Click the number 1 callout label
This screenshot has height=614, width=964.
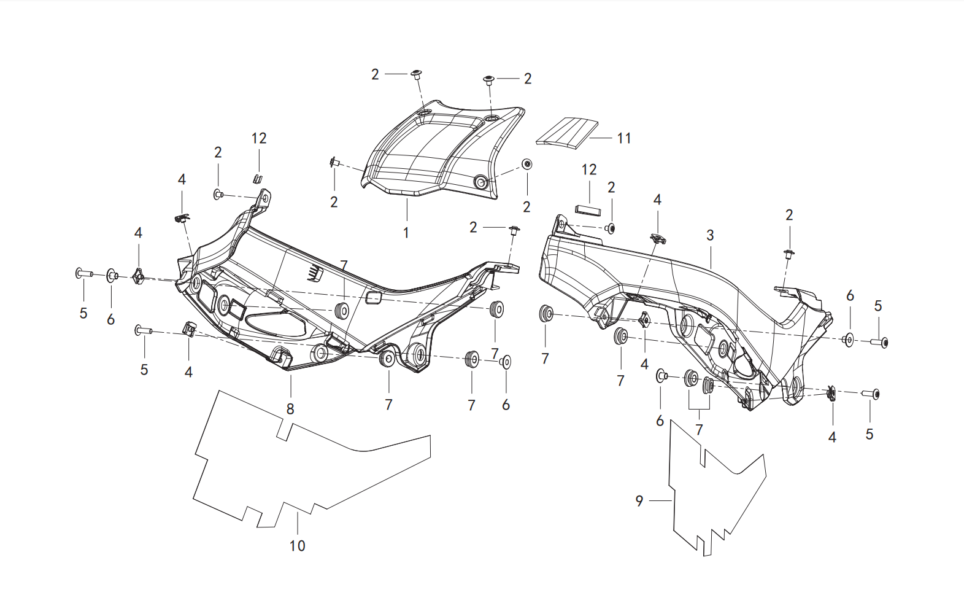click(x=406, y=233)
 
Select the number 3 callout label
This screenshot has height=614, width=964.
click(x=710, y=235)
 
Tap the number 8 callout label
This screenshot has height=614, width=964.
click(x=290, y=408)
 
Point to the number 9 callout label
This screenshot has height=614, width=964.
click(x=639, y=501)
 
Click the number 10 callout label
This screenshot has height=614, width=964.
click(x=298, y=545)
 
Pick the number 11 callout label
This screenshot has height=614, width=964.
click(x=624, y=138)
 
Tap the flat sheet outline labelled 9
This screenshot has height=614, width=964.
click(x=714, y=491)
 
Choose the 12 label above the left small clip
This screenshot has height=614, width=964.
click(x=259, y=138)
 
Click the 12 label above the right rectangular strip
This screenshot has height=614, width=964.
click(x=589, y=169)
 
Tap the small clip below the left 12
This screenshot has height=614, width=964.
click(x=257, y=178)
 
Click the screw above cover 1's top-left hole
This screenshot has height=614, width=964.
click(x=417, y=74)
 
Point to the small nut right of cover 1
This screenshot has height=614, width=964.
click(x=526, y=164)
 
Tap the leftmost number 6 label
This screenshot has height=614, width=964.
click(x=110, y=319)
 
